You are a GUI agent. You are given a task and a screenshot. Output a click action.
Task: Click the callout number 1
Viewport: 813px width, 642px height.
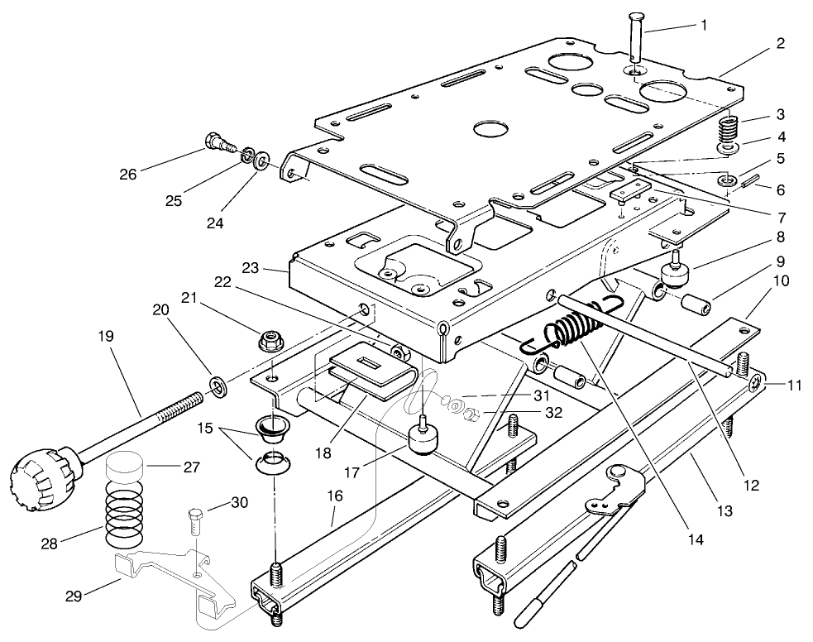click(x=703, y=25)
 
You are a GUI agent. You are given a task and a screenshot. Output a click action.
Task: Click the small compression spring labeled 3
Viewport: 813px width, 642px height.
click(x=729, y=130)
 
